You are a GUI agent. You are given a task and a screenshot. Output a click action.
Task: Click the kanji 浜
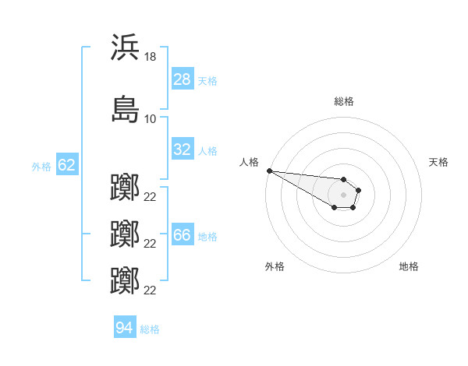click(x=125, y=47)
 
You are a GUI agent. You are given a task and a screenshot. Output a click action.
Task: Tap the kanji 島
click(x=125, y=109)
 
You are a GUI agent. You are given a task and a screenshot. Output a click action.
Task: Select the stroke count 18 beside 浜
click(x=150, y=57)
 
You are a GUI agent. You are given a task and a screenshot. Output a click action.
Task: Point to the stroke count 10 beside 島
click(x=150, y=119)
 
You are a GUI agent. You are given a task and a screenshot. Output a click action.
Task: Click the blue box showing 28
click(x=183, y=79)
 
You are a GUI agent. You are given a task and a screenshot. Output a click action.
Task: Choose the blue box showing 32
click(x=183, y=149)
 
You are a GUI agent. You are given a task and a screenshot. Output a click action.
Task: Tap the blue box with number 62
click(x=67, y=164)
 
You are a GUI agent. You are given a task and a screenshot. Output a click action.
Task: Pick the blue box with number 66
click(x=183, y=234)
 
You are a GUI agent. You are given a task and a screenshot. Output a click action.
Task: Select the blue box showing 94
click(x=125, y=326)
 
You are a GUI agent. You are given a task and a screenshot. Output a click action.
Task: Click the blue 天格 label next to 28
click(x=207, y=81)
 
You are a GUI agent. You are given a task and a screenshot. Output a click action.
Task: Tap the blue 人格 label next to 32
click(x=207, y=151)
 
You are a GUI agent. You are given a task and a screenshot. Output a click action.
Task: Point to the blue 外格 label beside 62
click(x=41, y=167)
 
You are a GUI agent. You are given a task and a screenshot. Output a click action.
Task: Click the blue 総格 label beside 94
click(x=150, y=329)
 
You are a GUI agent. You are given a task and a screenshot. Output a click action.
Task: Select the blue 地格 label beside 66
click(x=207, y=237)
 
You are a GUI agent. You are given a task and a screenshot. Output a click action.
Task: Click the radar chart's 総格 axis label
click(x=344, y=101)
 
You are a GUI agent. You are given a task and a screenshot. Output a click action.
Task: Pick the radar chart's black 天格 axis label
click(x=438, y=162)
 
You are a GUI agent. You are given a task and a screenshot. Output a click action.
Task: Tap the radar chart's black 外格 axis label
click(x=275, y=266)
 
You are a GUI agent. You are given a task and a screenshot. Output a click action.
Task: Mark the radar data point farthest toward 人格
click(x=270, y=171)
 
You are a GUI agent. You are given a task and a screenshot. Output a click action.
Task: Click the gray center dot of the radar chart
click(x=343, y=195)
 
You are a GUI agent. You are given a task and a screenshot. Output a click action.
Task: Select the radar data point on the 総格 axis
click(x=343, y=179)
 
